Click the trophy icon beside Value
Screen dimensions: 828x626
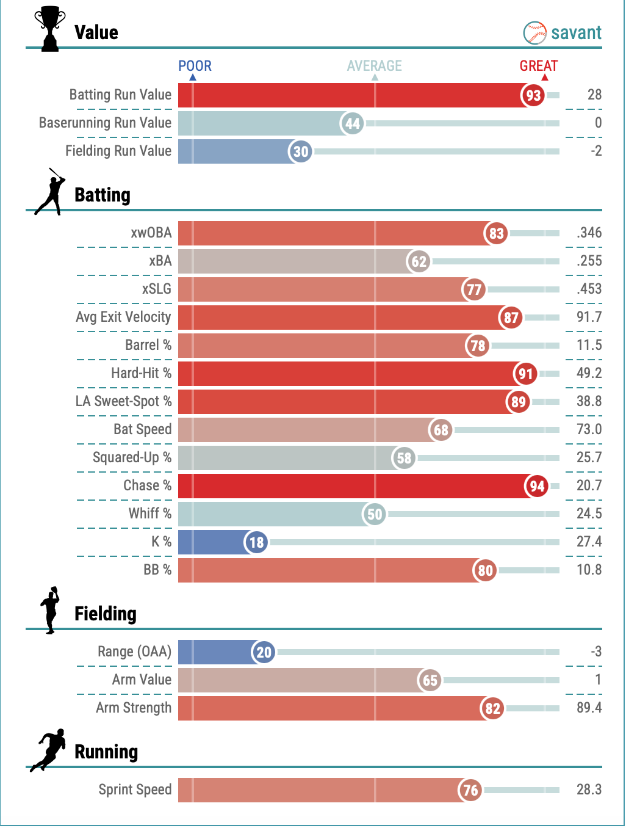point(49,29)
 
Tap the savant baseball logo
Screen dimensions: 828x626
point(534,33)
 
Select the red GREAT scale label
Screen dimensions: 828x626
point(539,66)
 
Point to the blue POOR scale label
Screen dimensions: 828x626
point(195,66)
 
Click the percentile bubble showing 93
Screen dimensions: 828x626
point(533,95)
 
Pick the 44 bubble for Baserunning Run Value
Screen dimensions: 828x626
point(352,123)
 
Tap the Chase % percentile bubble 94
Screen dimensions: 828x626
point(537,486)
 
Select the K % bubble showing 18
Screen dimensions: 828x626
point(256,542)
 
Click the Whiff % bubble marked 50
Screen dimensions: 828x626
point(375,514)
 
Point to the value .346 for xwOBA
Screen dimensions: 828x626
point(589,233)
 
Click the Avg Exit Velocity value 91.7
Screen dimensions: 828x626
point(589,317)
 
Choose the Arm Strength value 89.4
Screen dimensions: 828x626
point(589,708)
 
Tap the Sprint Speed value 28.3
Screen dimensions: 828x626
point(589,790)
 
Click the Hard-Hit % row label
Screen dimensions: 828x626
point(141,373)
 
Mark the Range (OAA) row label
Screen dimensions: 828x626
point(134,652)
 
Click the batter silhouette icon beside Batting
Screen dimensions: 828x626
point(50,192)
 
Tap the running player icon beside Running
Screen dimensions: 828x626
point(49,749)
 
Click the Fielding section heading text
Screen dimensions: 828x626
point(105,614)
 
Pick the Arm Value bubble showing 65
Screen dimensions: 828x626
point(430,680)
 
